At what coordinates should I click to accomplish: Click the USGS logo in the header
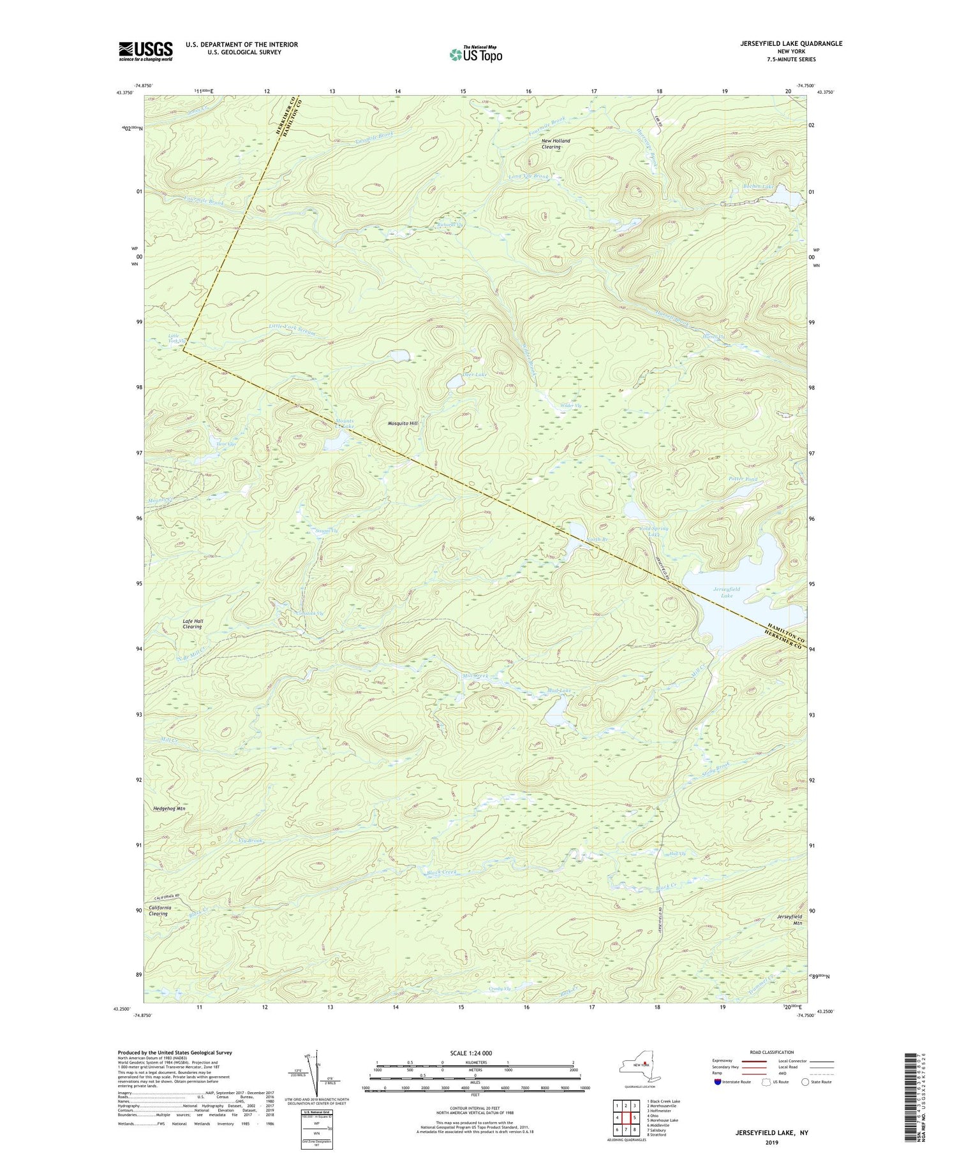click(x=145, y=50)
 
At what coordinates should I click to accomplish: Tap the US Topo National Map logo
click(x=475, y=54)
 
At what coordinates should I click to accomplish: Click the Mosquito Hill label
click(x=403, y=423)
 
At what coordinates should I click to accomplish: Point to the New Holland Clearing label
click(x=549, y=143)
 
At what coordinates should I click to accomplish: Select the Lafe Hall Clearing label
click(x=192, y=624)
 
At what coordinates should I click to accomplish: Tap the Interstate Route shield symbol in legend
click(x=718, y=1082)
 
